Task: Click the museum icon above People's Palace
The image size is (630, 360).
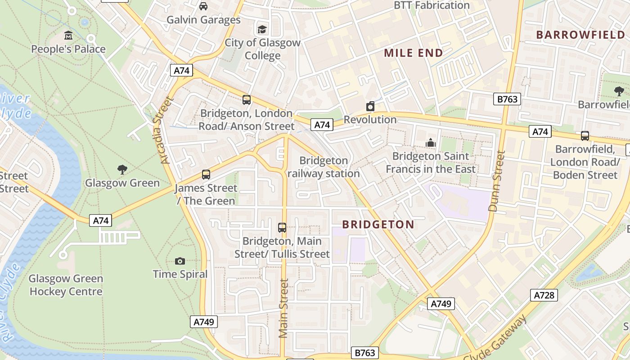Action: [68, 35]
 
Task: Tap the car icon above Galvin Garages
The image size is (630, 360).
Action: [203, 6]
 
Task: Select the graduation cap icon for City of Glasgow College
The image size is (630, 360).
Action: [262, 29]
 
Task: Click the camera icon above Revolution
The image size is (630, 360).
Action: [370, 106]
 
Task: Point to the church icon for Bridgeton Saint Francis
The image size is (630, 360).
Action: [431, 143]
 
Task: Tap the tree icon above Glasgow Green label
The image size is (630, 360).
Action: [122, 170]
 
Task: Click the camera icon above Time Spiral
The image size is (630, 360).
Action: [180, 261]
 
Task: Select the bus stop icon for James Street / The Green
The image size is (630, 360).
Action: [206, 175]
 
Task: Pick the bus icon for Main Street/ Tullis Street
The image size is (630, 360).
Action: [282, 228]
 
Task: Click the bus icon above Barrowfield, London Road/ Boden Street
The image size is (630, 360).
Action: [585, 135]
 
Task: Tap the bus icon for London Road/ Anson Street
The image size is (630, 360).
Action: [247, 100]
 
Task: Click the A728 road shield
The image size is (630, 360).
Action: [545, 295]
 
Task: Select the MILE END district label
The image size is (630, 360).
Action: [413, 53]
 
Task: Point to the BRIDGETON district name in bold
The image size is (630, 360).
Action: [378, 225]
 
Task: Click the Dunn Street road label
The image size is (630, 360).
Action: [497, 181]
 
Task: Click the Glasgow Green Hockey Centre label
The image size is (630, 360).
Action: [66, 285]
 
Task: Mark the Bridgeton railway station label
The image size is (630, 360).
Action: [324, 167]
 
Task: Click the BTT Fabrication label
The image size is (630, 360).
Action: [432, 5]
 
